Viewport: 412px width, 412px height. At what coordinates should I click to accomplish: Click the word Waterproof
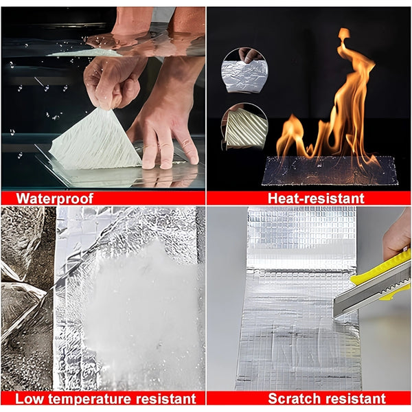click(x=55, y=198)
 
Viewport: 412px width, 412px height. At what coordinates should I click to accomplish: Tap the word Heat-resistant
click(x=316, y=198)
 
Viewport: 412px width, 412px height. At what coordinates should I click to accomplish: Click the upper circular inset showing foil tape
click(x=244, y=71)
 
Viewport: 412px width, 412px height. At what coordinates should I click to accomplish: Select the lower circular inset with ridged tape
click(x=244, y=126)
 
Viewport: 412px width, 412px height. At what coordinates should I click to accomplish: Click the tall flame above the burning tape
click(x=350, y=100)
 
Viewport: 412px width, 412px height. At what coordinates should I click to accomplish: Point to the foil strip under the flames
click(x=330, y=171)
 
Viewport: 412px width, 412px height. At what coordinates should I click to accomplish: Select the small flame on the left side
click(x=292, y=139)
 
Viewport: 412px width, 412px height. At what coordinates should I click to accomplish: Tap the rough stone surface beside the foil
click(x=26, y=297)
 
